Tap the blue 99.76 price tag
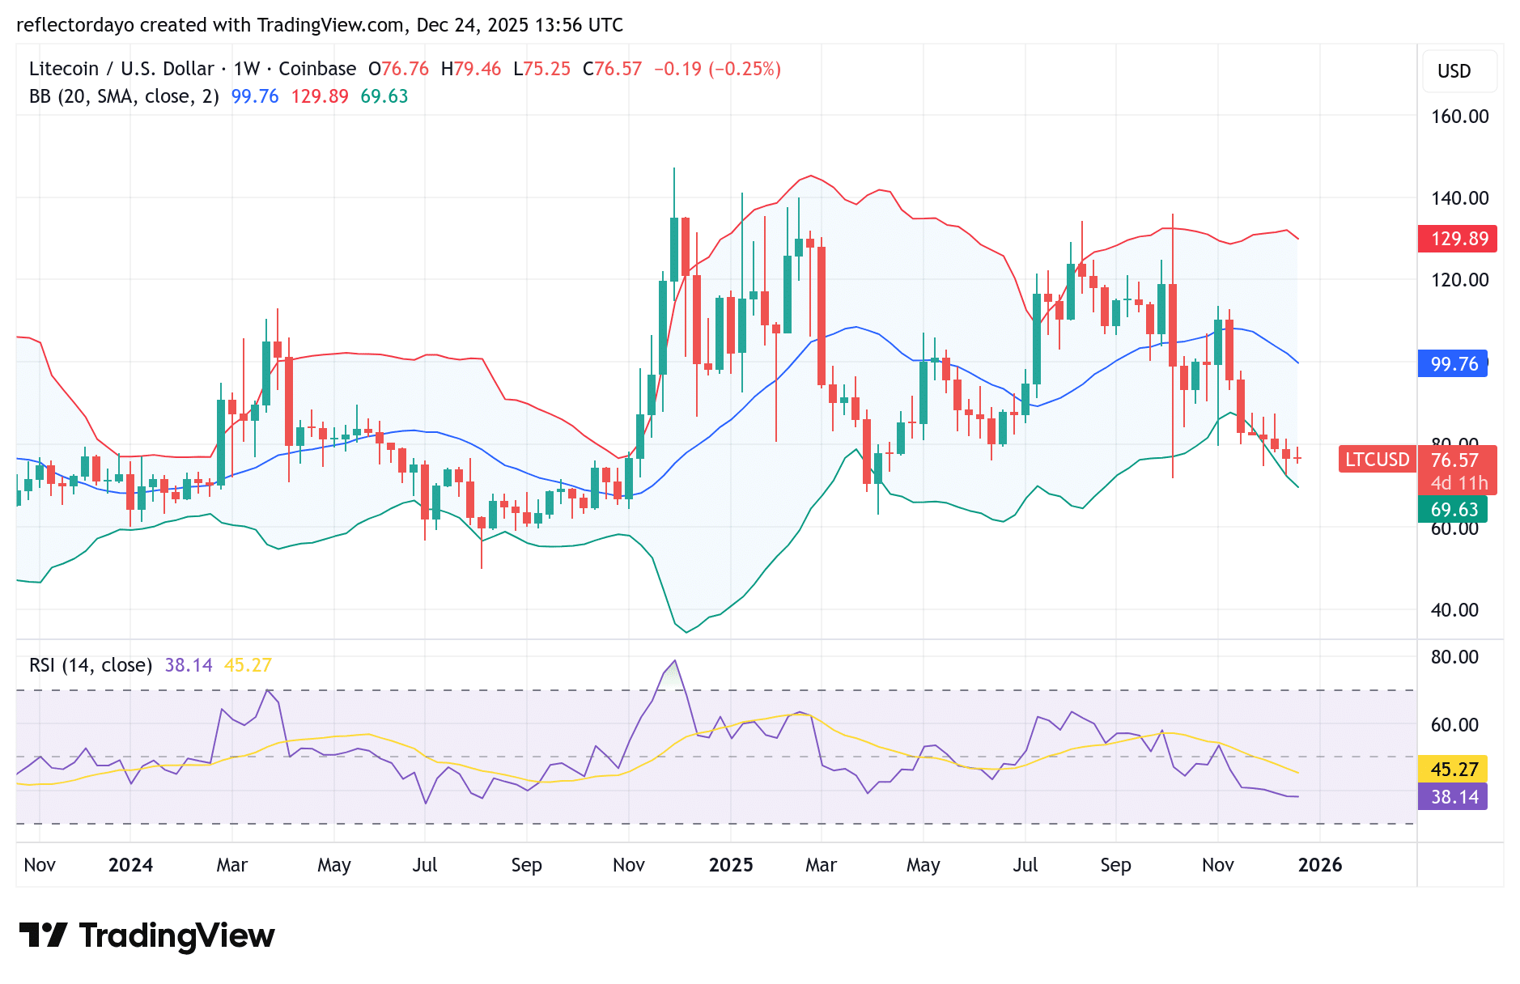pyautogui.click(x=1454, y=364)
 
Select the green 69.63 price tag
pyautogui.click(x=1454, y=510)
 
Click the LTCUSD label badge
pyautogui.click(x=1377, y=460)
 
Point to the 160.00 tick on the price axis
pyautogui.click(x=1459, y=117)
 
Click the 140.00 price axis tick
pyautogui.click(x=1459, y=198)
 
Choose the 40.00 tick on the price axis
pyautogui.click(x=1454, y=610)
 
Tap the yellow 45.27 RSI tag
pyautogui.click(x=1454, y=769)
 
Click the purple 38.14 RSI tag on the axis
pyautogui.click(x=1454, y=797)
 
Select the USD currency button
pyautogui.click(x=1454, y=71)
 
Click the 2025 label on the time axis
pyautogui.click(x=731, y=865)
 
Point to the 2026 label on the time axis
pyautogui.click(x=1320, y=865)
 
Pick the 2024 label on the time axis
pyautogui.click(x=130, y=865)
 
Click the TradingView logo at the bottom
pyautogui.click(x=146, y=936)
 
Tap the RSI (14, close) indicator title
pyautogui.click(x=91, y=665)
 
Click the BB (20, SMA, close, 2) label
pyautogui.click(x=124, y=96)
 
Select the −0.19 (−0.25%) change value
pyautogui.click(x=717, y=69)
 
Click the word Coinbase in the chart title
pyautogui.click(x=317, y=69)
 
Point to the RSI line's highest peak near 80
pyautogui.click(x=675, y=661)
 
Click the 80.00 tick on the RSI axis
pyautogui.click(x=1454, y=657)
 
